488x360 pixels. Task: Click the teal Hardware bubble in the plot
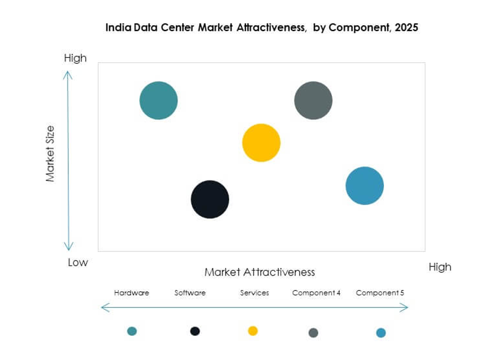click(159, 101)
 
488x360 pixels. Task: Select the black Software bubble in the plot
click(210, 200)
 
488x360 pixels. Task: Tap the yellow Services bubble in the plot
click(261, 143)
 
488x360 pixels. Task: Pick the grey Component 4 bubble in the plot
click(313, 101)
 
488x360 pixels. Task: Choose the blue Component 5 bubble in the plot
click(365, 186)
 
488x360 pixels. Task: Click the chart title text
click(261, 28)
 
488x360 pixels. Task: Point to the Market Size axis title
click(50, 154)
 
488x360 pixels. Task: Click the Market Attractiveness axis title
click(260, 272)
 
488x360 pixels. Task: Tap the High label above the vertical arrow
click(75, 58)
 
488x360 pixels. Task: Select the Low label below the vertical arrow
click(78, 263)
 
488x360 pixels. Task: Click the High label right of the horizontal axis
click(440, 267)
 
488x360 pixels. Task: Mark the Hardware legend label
click(131, 293)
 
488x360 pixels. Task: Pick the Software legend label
click(190, 293)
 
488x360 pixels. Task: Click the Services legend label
click(254, 293)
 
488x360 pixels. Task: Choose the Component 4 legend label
click(316, 293)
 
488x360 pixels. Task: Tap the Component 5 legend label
click(380, 293)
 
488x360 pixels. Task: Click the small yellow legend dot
click(253, 331)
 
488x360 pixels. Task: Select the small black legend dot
click(195, 331)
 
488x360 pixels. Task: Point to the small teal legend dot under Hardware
click(132, 331)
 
